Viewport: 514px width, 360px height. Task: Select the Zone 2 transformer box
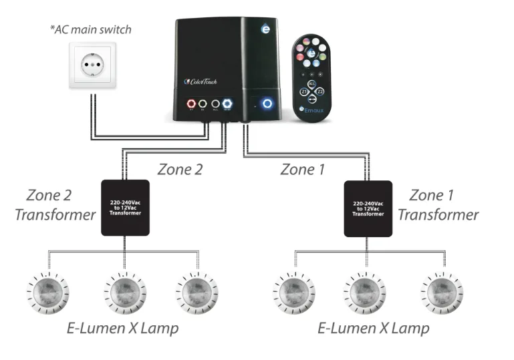coord(125,207)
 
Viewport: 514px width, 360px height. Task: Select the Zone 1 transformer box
coord(368,208)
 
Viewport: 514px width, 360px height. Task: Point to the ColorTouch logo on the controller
coord(201,81)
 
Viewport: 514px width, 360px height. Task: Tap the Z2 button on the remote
coord(321,92)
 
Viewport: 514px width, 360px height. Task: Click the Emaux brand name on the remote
coord(315,108)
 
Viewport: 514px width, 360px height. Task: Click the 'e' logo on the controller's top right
coord(266,30)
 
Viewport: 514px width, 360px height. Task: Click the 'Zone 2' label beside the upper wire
coord(180,170)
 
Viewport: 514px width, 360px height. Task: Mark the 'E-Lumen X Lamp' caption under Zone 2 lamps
coord(122,329)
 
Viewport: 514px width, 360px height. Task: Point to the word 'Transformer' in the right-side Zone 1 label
coord(444,214)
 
